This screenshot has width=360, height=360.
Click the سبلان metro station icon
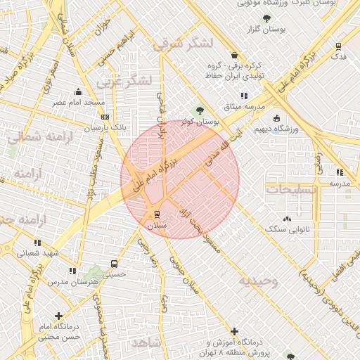point(156,214)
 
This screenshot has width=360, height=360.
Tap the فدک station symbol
point(339,47)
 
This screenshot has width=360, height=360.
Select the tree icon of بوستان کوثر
point(200,110)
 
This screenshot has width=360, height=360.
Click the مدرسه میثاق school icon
point(244,95)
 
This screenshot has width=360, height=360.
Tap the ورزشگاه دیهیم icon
point(276,118)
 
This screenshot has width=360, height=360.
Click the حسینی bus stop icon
point(114,264)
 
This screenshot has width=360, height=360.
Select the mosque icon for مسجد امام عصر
point(77,91)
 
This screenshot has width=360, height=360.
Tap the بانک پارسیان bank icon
point(105,117)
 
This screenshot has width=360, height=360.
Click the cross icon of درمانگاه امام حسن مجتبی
point(58,316)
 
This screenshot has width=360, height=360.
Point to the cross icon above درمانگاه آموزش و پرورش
point(233,330)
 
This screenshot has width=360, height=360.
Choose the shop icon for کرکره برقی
point(233,55)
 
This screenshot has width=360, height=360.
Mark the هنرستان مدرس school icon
point(72,271)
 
